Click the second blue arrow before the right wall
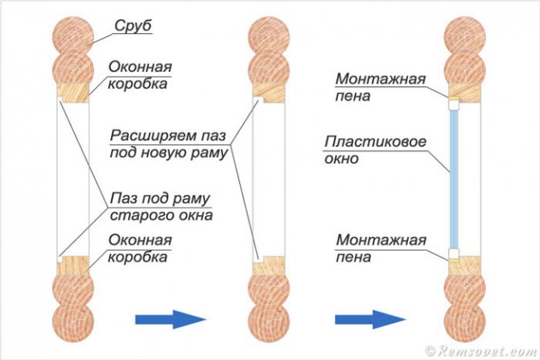click(x=369, y=319)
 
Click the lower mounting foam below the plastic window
click(x=453, y=254)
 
